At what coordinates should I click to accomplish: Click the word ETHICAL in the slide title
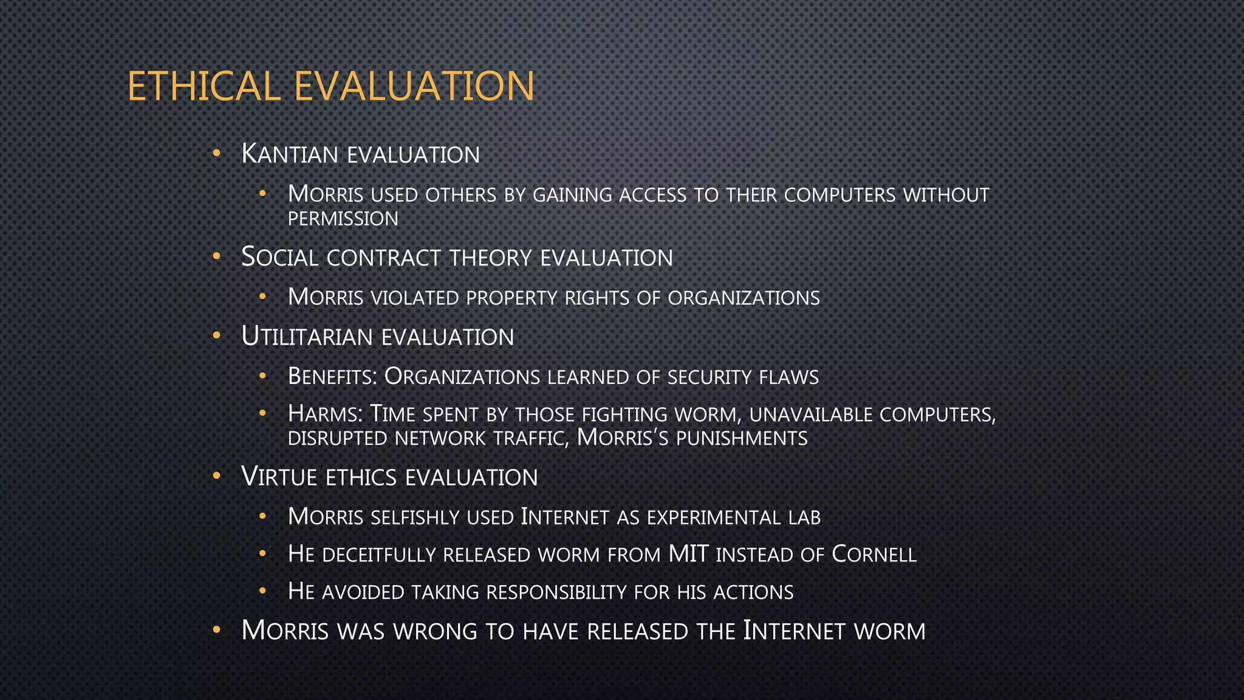coord(203,86)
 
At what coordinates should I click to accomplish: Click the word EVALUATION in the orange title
coord(414,86)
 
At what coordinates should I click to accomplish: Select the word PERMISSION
coord(343,219)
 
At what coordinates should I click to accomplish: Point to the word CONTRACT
coord(383,258)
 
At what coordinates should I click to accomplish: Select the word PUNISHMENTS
coord(742,439)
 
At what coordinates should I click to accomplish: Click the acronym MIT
coord(688,555)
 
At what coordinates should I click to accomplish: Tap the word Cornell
coord(873,555)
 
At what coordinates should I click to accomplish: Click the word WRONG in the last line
coord(435,631)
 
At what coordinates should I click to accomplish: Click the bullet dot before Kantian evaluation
coord(216,154)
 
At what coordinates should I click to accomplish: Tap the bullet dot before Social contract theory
coord(216,257)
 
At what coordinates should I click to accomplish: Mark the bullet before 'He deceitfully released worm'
coord(262,554)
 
